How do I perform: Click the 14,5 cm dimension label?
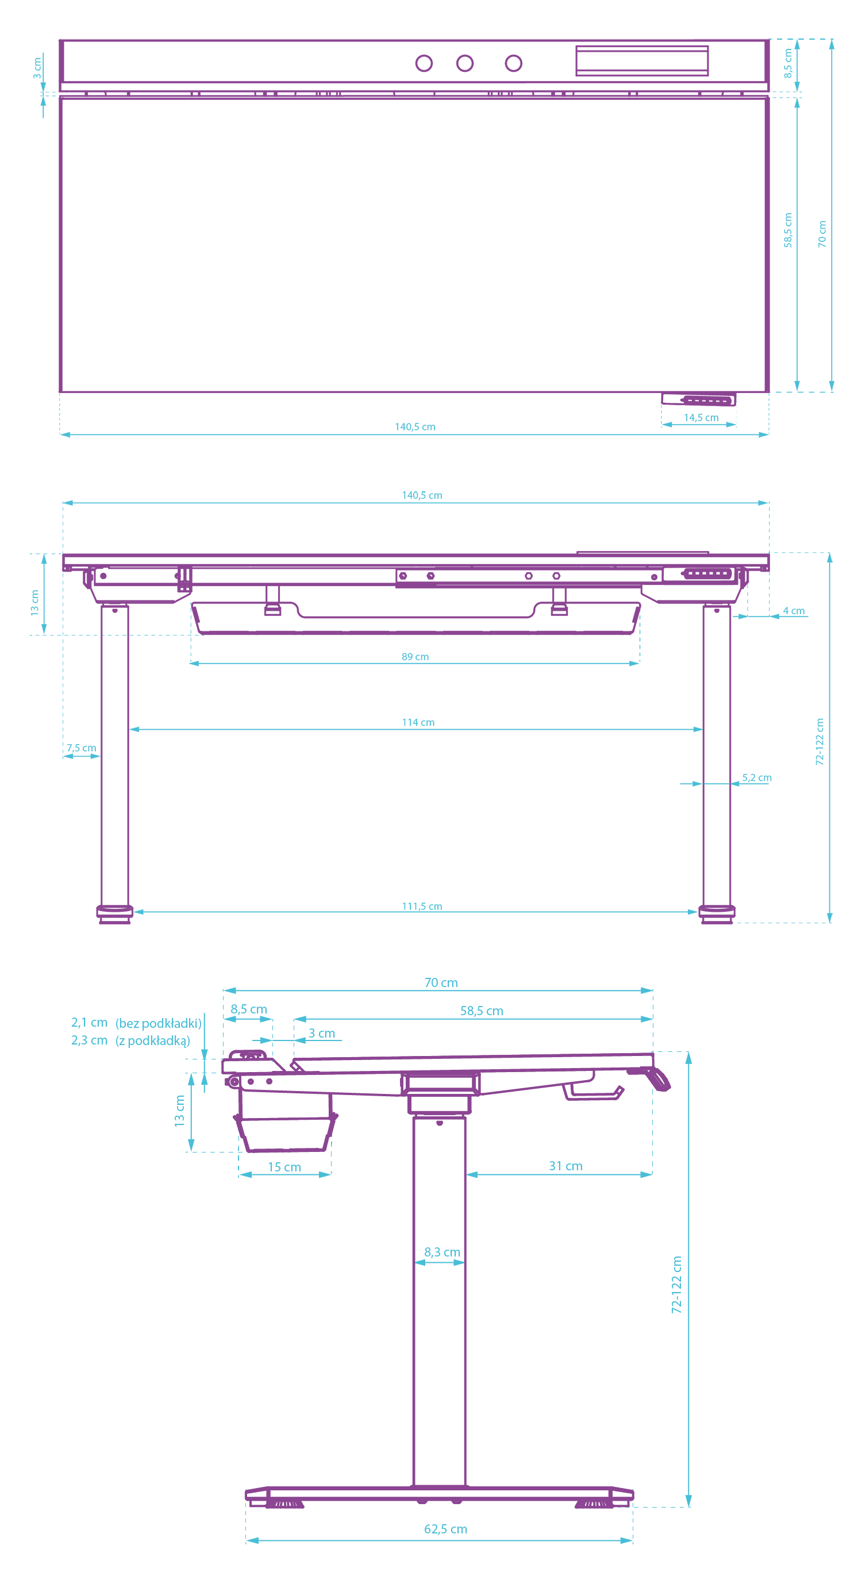click(x=701, y=418)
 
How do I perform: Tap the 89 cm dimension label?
click(x=415, y=657)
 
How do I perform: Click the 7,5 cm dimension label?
click(x=81, y=747)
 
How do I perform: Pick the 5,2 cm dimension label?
click(x=756, y=777)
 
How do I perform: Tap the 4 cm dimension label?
click(x=793, y=611)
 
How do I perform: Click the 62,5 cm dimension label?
click(x=446, y=1529)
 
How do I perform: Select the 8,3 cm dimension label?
click(x=442, y=1252)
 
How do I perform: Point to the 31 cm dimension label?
click(x=565, y=1166)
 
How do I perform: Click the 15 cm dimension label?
click(x=284, y=1166)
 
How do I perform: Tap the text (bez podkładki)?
click(x=159, y=1023)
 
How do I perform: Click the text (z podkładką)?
click(x=152, y=1040)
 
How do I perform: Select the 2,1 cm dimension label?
click(x=89, y=1023)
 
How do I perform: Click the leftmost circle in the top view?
click(x=424, y=63)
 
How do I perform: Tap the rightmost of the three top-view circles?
click(x=513, y=63)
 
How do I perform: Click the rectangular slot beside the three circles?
click(x=642, y=61)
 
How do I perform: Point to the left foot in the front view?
click(x=115, y=913)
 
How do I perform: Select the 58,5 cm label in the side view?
click(x=482, y=1011)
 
